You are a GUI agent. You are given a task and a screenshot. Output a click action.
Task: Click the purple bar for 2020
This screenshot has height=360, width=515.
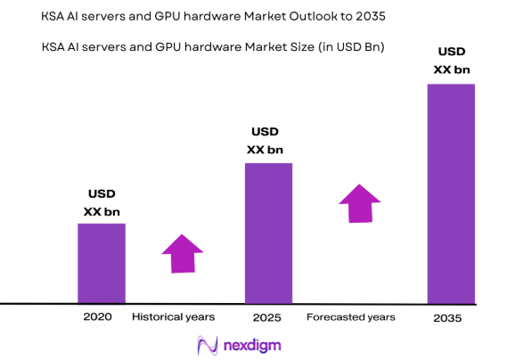[101, 263]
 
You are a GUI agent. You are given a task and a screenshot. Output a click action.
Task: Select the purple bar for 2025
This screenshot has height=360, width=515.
[268, 233]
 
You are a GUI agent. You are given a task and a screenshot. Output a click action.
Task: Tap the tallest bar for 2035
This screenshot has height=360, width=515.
[451, 193]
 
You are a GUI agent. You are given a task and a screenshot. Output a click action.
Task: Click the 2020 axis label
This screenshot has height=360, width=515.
[98, 317]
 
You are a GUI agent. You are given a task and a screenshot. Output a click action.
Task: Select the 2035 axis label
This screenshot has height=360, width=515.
[448, 318]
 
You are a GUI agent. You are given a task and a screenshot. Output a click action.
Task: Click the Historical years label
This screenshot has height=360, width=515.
[173, 317]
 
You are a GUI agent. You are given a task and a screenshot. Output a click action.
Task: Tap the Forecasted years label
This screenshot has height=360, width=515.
[351, 317]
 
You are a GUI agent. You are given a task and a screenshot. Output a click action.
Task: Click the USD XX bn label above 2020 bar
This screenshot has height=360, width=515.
[102, 203]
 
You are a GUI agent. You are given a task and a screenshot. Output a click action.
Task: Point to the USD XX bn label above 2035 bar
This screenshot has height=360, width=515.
[451, 60]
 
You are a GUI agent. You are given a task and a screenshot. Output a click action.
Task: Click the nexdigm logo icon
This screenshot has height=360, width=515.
[208, 345]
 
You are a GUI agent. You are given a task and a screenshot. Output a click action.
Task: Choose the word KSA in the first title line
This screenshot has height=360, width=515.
[53, 16]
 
